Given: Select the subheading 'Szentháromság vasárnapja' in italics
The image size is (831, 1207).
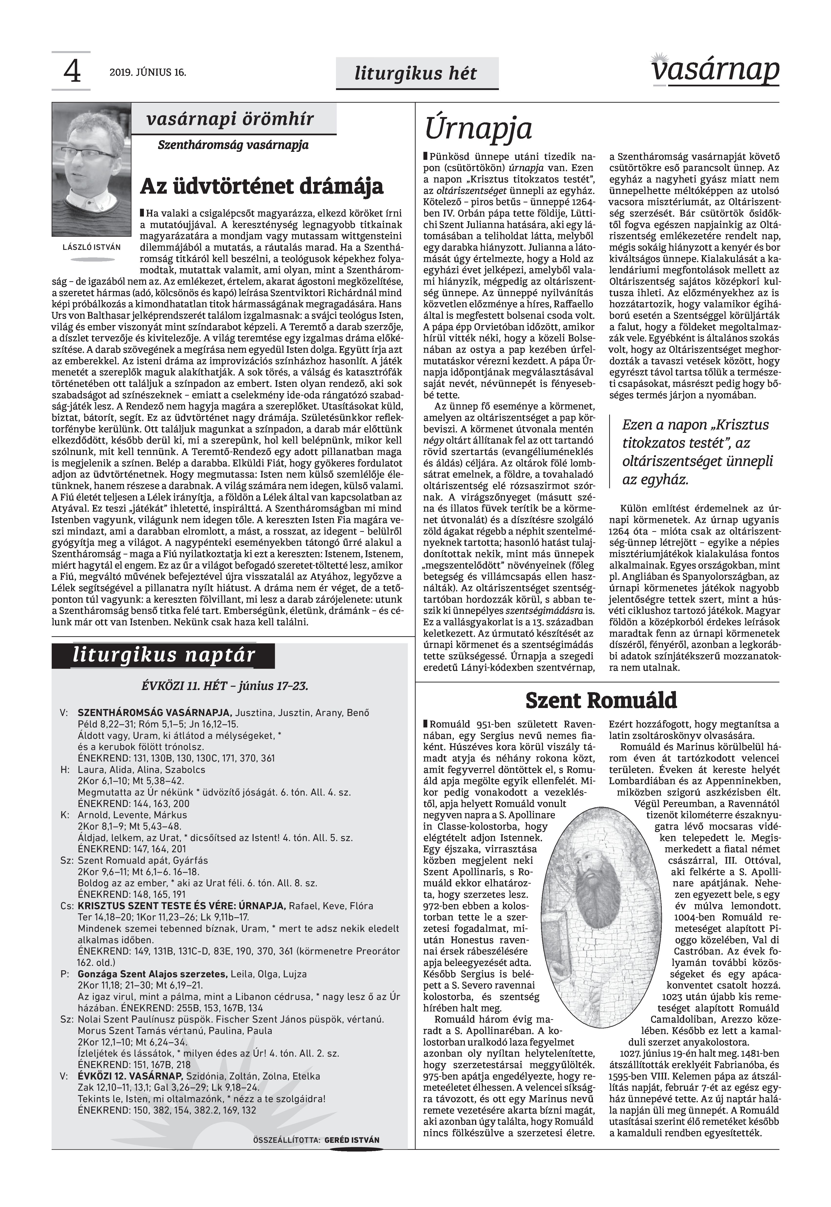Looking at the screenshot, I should point(233,145).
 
